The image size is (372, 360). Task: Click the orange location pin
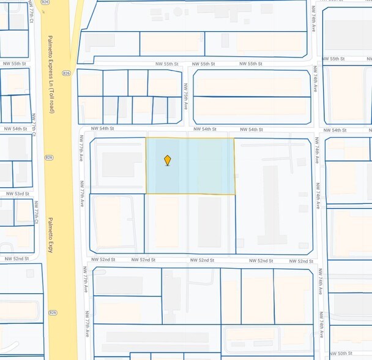pyautogui.click(x=167, y=160)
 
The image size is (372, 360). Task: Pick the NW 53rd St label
pyautogui.click(x=17, y=193)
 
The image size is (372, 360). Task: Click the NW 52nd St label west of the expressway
pyautogui.click(x=17, y=258)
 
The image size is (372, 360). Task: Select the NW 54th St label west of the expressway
pyautogui.click(x=16, y=129)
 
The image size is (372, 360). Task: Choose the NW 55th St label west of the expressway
pyautogui.click(x=15, y=64)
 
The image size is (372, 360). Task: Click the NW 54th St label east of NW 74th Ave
pyautogui.click(x=335, y=130)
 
